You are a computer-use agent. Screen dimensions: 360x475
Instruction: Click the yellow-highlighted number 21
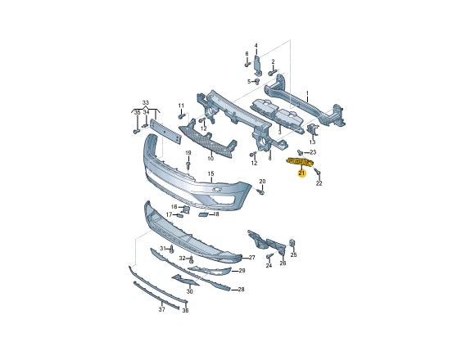click(x=301, y=173)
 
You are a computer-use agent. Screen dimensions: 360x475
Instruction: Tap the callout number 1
click(x=308, y=93)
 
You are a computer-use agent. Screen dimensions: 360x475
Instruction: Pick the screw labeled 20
click(x=260, y=192)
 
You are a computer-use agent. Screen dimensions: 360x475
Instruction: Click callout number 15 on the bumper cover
click(x=210, y=174)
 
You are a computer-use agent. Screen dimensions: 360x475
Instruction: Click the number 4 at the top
click(x=256, y=46)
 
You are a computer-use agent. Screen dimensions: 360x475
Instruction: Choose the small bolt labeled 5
click(x=258, y=81)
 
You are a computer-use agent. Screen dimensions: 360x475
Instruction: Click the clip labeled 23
click(x=301, y=152)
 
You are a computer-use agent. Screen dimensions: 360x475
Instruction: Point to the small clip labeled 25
click(x=292, y=242)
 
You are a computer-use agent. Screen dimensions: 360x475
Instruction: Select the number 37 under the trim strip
click(x=161, y=309)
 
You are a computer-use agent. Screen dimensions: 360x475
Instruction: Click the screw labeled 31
click(x=170, y=249)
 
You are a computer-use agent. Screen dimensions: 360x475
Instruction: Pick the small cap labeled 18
click(x=204, y=214)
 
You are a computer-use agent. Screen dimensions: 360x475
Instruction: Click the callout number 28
click(x=240, y=290)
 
